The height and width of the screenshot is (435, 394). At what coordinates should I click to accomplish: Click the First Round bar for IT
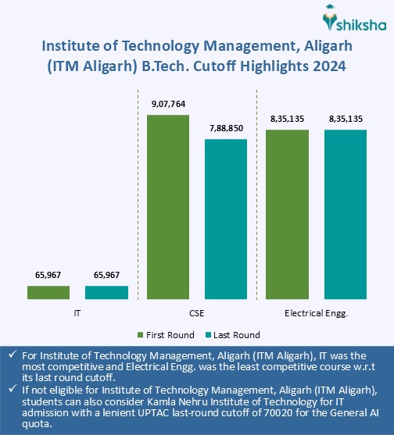tap(48, 292)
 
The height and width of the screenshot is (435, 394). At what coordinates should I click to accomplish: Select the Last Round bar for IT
tap(106, 292)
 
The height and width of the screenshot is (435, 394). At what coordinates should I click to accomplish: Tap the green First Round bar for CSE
tap(168, 207)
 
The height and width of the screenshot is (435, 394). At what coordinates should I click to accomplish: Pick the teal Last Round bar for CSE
tap(226, 219)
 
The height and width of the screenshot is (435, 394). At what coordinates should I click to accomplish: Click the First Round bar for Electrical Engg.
tap(288, 214)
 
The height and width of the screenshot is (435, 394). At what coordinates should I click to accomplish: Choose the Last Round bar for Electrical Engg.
tap(346, 214)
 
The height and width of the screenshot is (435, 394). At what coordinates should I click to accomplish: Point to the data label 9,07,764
tap(168, 105)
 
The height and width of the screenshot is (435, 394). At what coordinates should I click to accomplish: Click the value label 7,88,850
tap(226, 130)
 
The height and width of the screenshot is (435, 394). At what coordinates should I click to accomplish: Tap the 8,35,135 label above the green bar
tap(288, 119)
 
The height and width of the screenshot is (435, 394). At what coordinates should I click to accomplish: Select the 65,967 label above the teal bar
tap(106, 275)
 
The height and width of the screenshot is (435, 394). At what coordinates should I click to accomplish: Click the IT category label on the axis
tap(77, 312)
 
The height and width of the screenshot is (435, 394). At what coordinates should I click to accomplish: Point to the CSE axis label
tap(197, 312)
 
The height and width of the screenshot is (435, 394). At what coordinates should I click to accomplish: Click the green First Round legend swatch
tap(140, 335)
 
